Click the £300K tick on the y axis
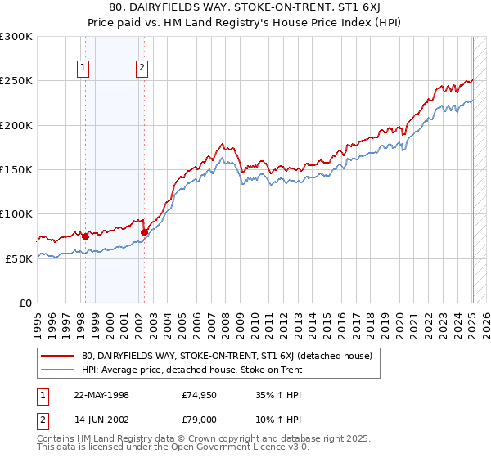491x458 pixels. coord(16,37)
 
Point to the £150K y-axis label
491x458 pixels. coord(16,169)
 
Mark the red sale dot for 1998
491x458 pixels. coord(85,236)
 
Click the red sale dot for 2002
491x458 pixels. coord(144,232)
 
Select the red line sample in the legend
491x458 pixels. coord(58,356)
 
